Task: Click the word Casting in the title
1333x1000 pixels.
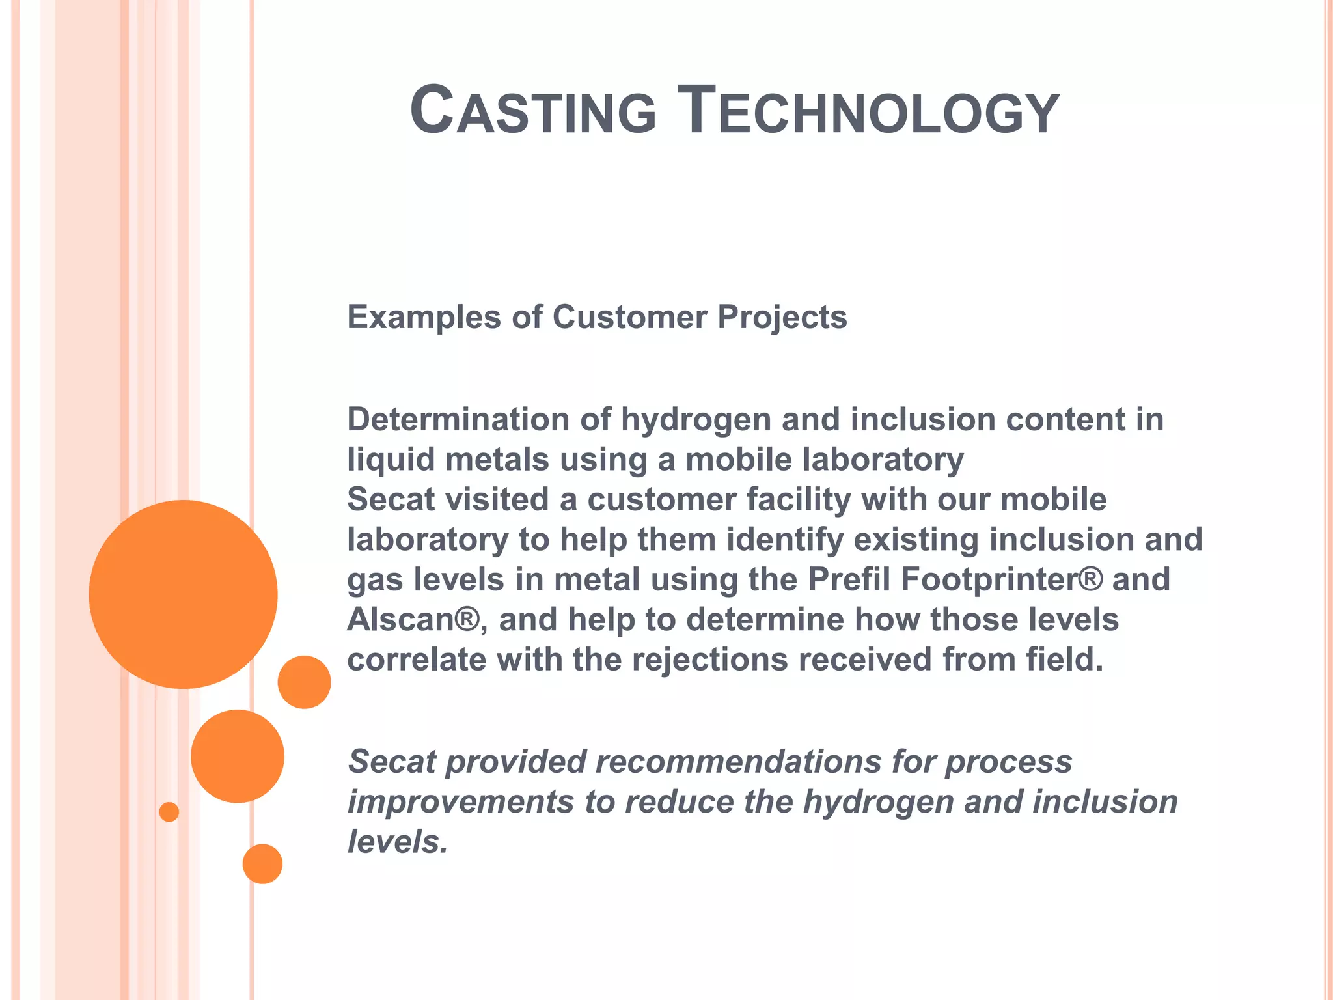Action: [533, 111]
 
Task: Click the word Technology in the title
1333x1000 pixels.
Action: [868, 111]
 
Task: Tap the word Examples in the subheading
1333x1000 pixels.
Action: [424, 318]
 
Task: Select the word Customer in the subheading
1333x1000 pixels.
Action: [629, 318]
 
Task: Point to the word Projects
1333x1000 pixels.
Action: [782, 318]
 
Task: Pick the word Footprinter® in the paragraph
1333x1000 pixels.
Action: [1002, 579]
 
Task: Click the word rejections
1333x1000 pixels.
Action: [709, 660]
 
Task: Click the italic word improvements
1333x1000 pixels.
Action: [461, 802]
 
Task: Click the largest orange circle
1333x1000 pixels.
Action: [184, 594]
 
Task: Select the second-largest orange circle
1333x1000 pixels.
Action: [238, 756]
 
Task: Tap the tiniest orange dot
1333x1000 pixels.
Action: [169, 812]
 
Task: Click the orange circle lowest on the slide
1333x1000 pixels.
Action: [262, 864]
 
